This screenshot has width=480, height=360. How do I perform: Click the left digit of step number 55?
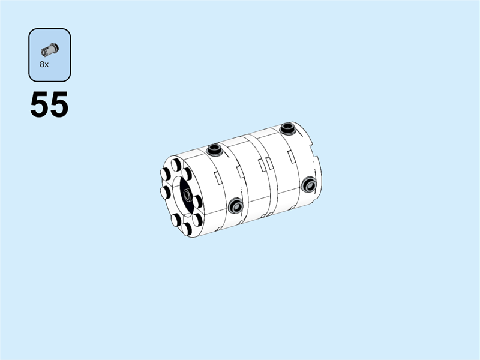pos(40,106)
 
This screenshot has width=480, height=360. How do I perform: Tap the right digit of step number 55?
pos(59,106)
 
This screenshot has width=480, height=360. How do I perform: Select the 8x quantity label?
pos(44,64)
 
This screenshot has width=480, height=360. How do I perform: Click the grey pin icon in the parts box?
pos(49,50)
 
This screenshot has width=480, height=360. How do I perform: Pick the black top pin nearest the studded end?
pos(214,149)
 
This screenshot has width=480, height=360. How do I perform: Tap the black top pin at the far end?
pos(289,128)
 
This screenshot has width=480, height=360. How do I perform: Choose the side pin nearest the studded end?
pos(235,207)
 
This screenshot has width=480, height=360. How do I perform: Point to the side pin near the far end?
pos(309,184)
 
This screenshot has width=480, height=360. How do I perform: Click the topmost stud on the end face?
pos(176,164)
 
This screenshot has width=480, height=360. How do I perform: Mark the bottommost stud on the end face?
pos(187,229)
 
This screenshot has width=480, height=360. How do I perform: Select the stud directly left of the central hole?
pos(166,192)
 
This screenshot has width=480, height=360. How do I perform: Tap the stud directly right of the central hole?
pos(197,202)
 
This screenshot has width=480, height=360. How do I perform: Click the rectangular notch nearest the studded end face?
pos(218,178)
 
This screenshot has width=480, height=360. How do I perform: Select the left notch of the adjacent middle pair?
pos(241,172)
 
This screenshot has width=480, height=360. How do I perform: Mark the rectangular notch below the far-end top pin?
pos(290,157)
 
